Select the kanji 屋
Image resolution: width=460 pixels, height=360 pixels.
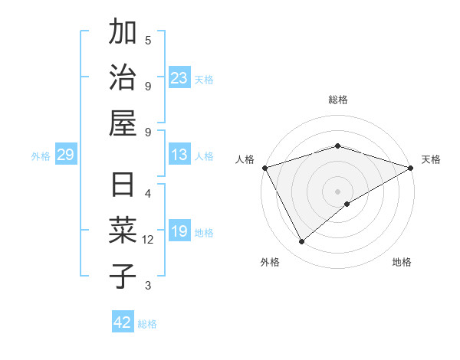(x=123, y=123)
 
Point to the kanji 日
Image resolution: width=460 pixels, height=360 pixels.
(x=123, y=186)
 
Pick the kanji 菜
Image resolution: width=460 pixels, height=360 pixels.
(x=123, y=231)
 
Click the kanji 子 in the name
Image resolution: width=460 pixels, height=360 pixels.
(x=123, y=276)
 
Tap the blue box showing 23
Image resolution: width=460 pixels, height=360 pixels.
(x=179, y=78)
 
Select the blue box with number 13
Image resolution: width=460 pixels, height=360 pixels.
(x=179, y=155)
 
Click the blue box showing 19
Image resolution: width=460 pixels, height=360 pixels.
(x=179, y=232)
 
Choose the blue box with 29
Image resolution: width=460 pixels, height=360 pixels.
(x=65, y=155)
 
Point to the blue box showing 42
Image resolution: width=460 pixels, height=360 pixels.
(x=123, y=322)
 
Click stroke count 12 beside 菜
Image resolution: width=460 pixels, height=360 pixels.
(x=148, y=240)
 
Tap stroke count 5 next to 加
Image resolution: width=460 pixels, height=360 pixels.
(x=148, y=40)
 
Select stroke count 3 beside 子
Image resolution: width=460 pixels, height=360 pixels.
(x=148, y=286)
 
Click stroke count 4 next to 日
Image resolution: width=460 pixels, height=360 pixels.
(x=148, y=193)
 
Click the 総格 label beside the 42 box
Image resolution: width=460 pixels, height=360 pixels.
(x=147, y=324)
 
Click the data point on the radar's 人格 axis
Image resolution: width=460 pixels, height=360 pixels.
(x=264, y=168)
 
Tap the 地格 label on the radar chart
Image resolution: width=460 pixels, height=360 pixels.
(x=402, y=262)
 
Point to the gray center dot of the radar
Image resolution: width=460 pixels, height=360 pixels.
(x=338, y=191)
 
